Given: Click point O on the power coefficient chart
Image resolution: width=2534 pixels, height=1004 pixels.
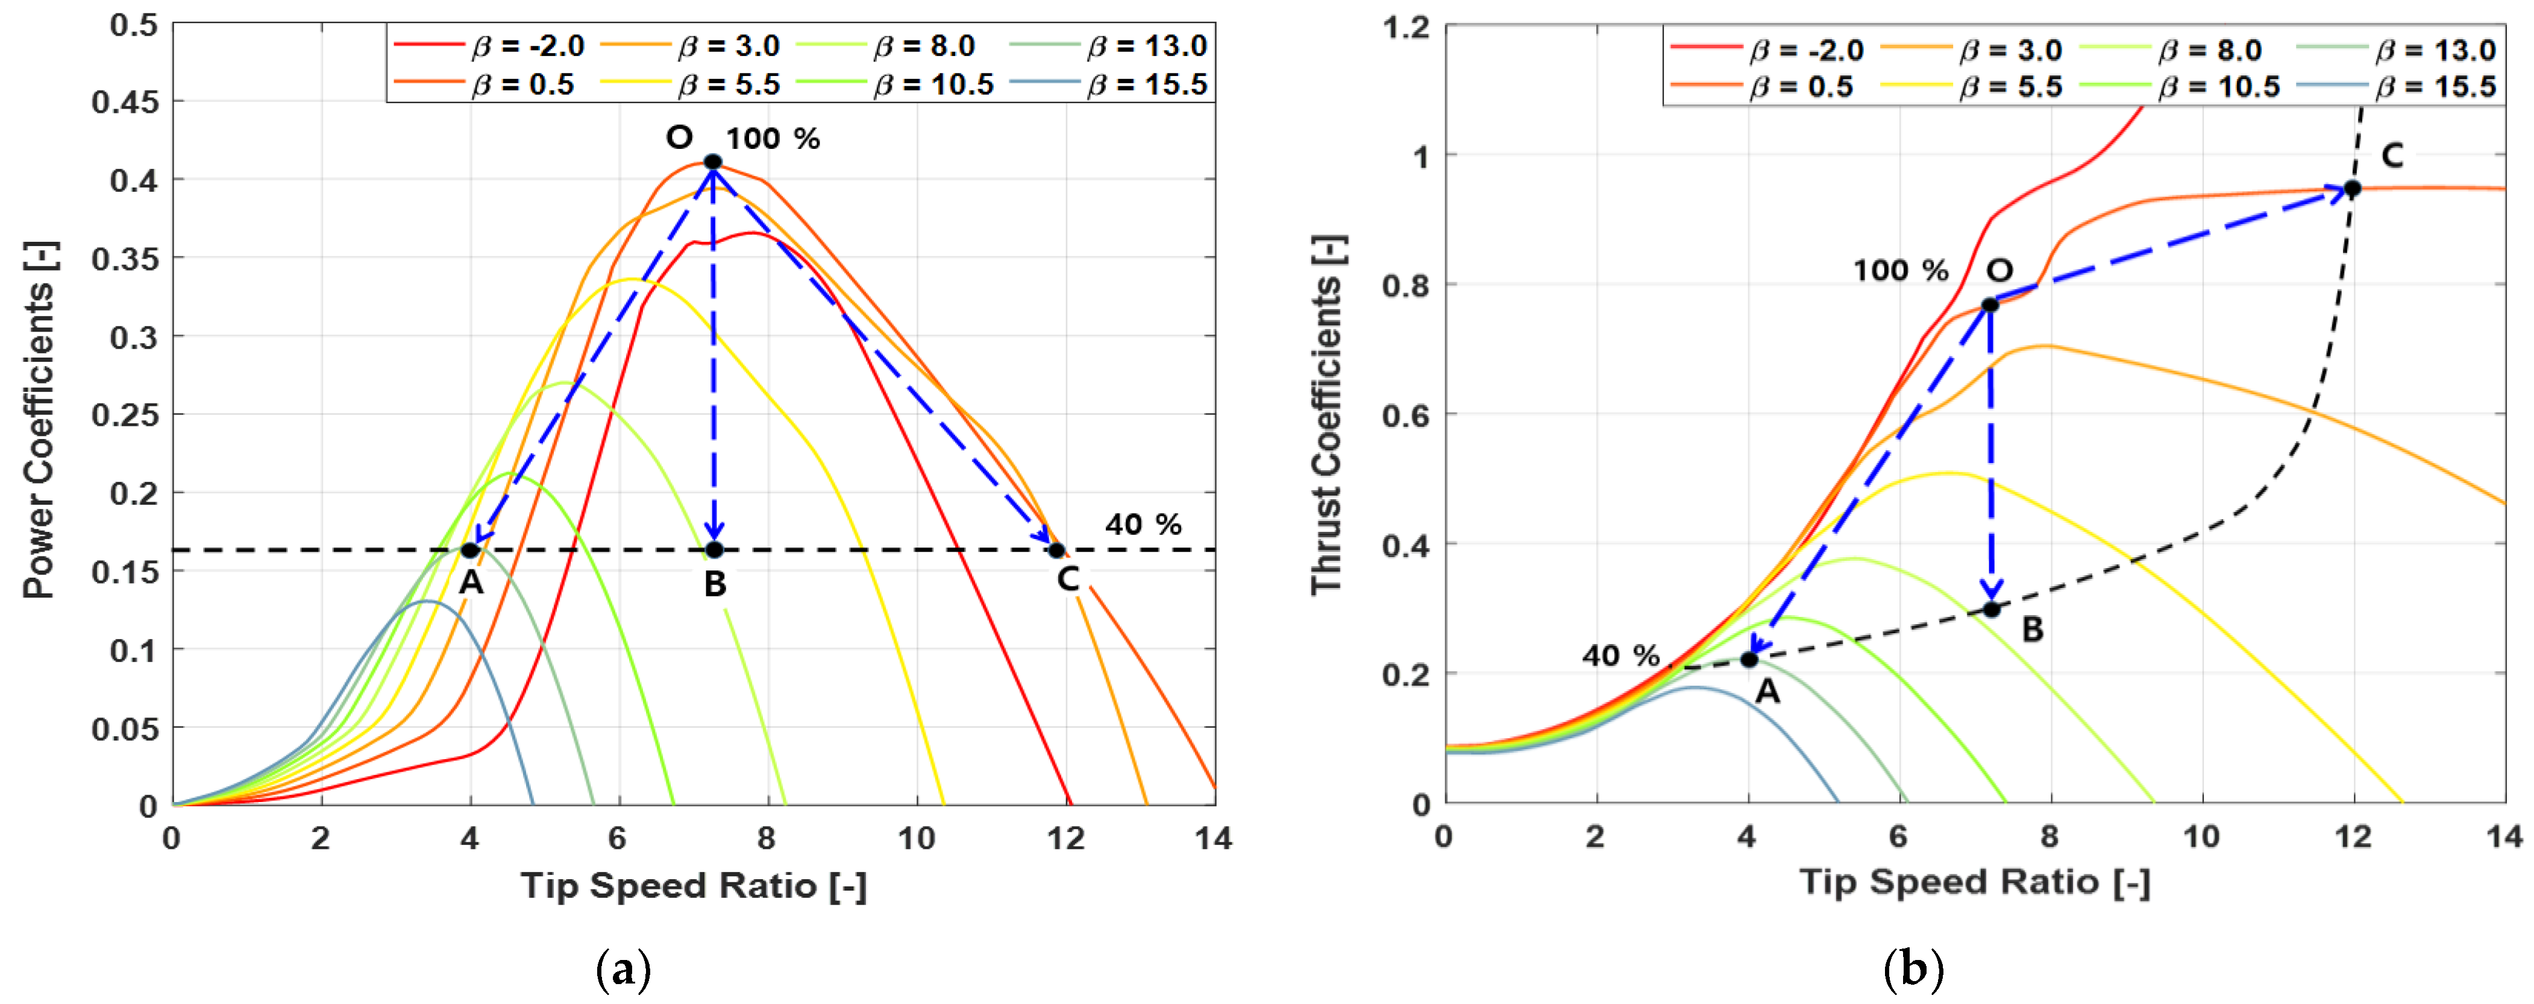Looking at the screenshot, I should (713, 162).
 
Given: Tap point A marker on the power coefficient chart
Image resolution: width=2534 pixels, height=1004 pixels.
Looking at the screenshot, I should (470, 550).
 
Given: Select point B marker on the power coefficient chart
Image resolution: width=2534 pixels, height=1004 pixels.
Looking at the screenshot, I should (714, 550).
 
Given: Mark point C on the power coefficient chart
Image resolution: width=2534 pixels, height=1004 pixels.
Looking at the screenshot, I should (1056, 550).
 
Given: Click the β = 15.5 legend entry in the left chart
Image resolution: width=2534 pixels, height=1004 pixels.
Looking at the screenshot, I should (1147, 84).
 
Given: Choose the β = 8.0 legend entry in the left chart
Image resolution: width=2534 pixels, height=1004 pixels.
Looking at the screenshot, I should (924, 46).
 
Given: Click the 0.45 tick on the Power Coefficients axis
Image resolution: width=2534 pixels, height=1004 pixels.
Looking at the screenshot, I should (124, 103).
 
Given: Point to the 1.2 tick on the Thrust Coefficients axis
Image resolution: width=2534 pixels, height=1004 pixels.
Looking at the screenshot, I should (1407, 27).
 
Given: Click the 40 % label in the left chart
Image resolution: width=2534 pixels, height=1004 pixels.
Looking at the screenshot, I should (1142, 525).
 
